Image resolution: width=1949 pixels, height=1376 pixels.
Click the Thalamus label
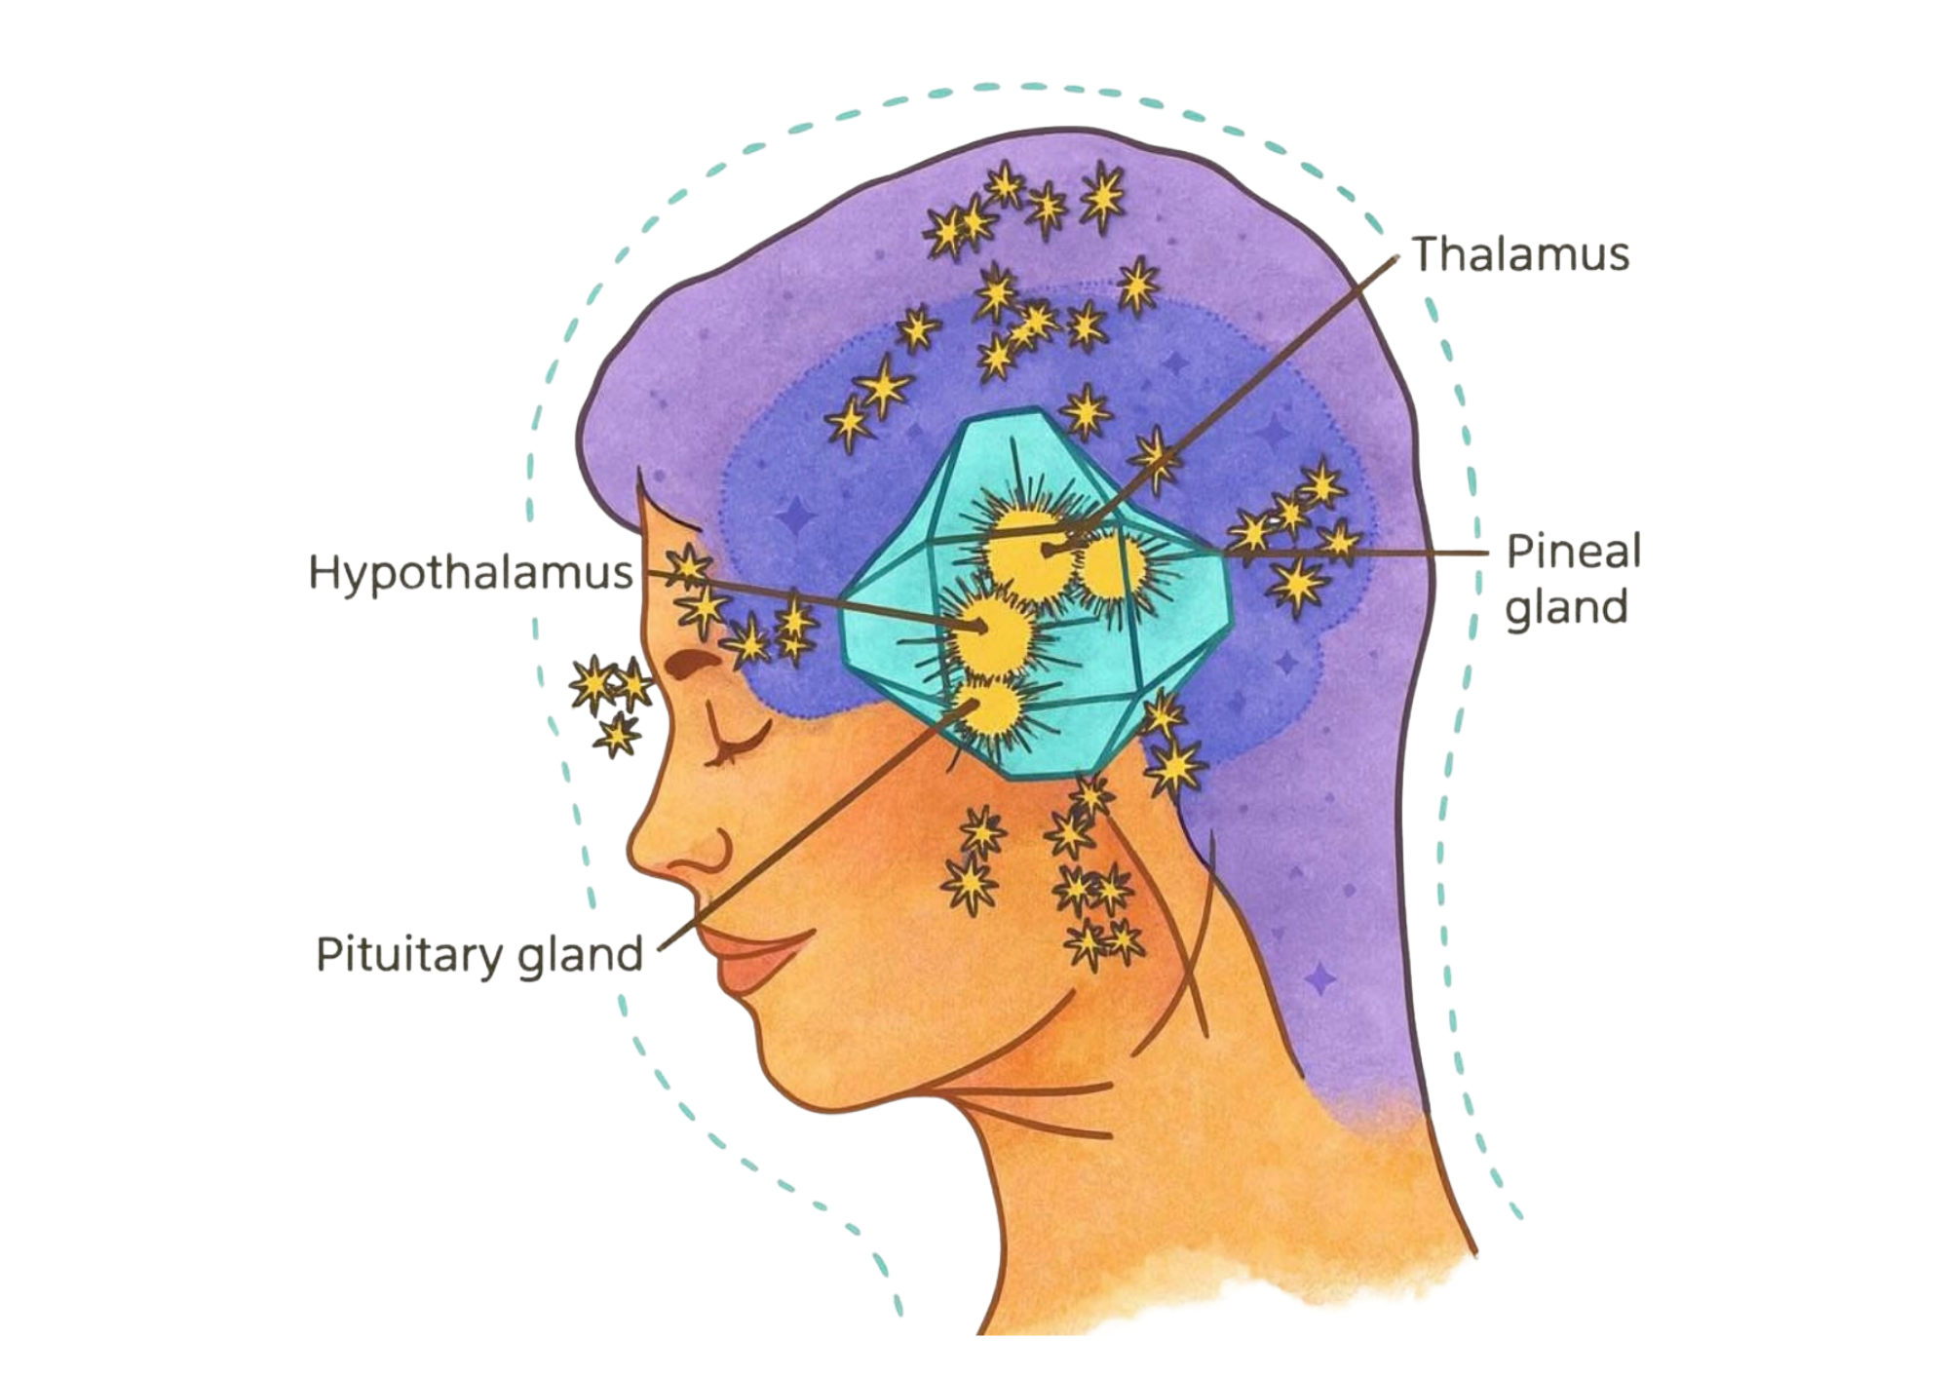point(1520,254)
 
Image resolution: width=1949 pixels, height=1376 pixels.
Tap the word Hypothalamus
point(470,573)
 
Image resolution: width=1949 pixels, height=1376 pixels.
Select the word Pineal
point(1573,551)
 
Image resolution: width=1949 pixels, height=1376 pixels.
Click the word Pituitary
point(410,954)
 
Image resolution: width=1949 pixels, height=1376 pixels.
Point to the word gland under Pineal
point(1566,608)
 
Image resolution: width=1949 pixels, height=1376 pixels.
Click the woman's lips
point(750,960)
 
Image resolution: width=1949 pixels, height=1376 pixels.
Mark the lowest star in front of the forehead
point(618,736)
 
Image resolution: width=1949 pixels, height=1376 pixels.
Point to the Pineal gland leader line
point(1364,554)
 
